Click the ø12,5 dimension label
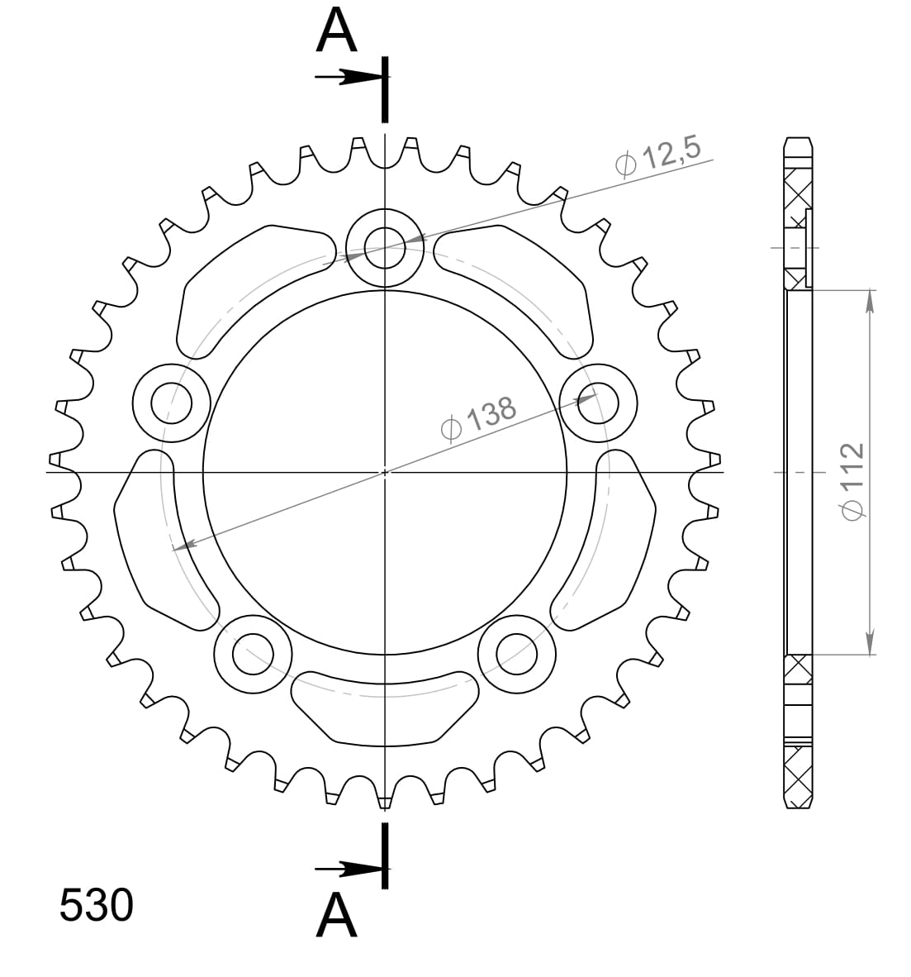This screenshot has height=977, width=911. point(658,155)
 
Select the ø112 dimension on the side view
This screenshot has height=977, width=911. point(851,481)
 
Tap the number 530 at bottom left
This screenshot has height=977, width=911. point(96,906)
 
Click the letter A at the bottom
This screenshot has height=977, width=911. point(336,916)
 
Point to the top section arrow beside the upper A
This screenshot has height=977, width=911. point(351,77)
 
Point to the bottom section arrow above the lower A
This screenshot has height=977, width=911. point(351,869)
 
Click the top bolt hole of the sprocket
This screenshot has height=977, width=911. point(384,246)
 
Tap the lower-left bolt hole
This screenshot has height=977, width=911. point(252,655)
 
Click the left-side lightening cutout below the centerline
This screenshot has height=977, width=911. point(157,537)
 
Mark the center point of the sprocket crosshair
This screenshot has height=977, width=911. point(385,473)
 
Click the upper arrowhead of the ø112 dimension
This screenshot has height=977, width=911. point(868,302)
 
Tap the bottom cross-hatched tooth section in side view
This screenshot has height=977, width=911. point(797,773)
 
